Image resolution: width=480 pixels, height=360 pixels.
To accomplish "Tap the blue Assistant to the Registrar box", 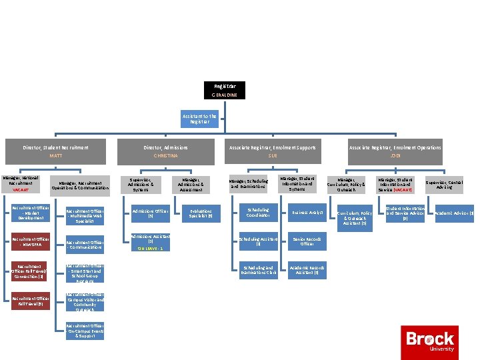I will [200, 119].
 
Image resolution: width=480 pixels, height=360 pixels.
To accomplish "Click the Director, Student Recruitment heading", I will [56, 147].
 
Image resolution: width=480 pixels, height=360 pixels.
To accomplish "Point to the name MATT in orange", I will [56, 156].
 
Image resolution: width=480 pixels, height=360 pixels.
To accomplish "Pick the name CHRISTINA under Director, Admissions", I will [166, 156].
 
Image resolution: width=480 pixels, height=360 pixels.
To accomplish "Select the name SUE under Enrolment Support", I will [272, 156].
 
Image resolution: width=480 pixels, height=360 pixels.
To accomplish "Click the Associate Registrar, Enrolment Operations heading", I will [395, 147].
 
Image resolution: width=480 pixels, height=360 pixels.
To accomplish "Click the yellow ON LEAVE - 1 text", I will [151, 248].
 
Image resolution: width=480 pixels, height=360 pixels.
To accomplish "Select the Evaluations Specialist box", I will [201, 213].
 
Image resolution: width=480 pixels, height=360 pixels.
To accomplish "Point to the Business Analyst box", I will [307, 213].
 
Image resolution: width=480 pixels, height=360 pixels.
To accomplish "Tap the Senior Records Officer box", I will [307, 241].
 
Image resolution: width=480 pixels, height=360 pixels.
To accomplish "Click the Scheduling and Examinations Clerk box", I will [258, 270].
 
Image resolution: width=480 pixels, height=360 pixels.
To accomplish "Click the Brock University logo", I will [430, 341].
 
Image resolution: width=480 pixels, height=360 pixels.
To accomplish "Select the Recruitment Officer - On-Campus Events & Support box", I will [85, 331].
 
